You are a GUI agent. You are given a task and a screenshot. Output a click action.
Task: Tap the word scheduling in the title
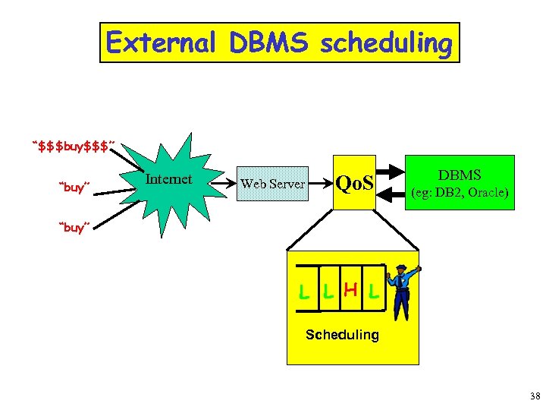[386, 43]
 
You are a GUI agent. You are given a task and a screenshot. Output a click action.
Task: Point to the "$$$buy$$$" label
[74, 145]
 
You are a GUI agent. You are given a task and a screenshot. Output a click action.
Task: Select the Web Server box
[272, 184]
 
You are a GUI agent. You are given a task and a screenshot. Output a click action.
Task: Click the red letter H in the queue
[350, 289]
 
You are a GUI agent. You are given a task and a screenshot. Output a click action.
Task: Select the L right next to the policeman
[372, 292]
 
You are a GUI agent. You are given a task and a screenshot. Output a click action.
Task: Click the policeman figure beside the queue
[401, 292]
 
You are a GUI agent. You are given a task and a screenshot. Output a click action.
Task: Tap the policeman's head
[400, 270]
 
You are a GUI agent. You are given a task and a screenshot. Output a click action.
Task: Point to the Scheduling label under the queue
[341, 335]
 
